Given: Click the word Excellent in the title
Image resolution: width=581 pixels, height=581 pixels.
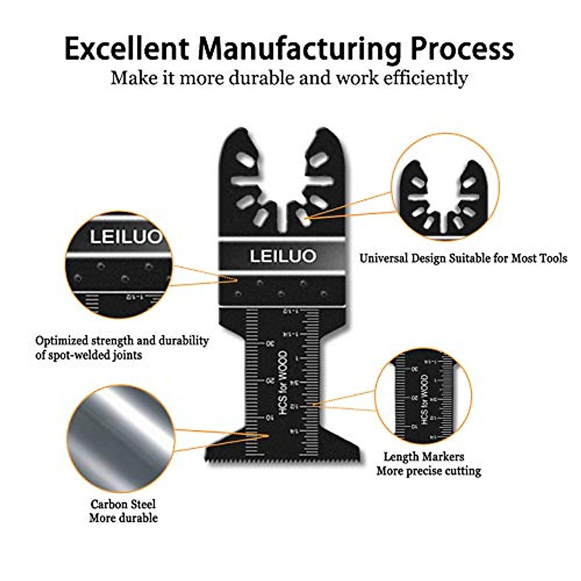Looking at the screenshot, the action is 126,48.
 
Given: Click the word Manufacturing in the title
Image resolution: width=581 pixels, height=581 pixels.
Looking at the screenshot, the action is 299,49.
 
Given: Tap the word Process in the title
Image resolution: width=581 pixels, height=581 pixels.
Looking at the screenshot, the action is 462,48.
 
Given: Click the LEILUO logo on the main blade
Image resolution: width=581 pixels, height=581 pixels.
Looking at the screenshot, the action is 283,256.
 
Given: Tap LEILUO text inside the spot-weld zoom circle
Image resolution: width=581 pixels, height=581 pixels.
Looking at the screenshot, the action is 125,237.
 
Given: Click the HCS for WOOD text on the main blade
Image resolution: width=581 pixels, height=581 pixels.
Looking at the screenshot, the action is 283,382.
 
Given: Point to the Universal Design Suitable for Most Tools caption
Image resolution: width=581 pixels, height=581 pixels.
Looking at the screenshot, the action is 463,258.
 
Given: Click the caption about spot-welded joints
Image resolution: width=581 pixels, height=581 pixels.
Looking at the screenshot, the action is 122,348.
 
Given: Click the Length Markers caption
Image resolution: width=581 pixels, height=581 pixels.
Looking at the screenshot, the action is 424,457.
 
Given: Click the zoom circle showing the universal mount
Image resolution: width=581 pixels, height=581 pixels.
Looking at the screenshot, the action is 445,186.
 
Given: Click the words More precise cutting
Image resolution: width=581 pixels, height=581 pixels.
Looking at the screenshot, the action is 429,471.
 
